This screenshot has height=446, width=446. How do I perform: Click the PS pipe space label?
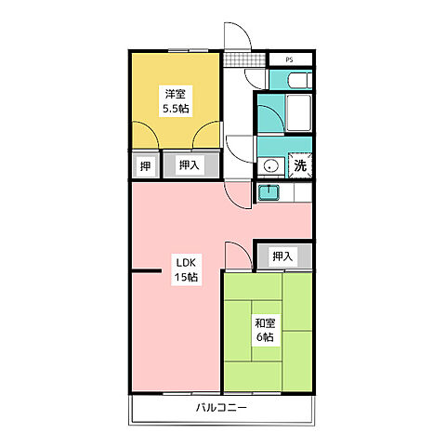pyautogui.click(x=289, y=60)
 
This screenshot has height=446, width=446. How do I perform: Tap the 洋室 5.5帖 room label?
pyautogui.click(x=176, y=101)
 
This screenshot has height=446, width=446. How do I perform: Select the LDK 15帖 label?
pyautogui.click(x=186, y=269)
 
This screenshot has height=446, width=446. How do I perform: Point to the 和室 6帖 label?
pyautogui.click(x=265, y=330)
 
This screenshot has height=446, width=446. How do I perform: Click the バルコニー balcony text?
pyautogui.click(x=221, y=407)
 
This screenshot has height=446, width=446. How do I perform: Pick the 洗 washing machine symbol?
pyautogui.click(x=300, y=165)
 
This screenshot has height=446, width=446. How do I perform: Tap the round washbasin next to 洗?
pyautogui.click(x=270, y=166)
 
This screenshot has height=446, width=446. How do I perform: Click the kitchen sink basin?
pyautogui.click(x=269, y=192)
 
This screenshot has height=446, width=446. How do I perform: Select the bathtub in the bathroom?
pyautogui.click(x=298, y=113)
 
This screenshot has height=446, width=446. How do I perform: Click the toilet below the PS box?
pyautogui.click(x=300, y=80)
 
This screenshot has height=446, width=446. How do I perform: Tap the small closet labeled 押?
pyautogui.click(x=145, y=166)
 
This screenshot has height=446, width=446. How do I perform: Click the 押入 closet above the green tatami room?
pyautogui.click(x=282, y=256)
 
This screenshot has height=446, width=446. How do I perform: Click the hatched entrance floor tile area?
pyautogui.click(x=244, y=59)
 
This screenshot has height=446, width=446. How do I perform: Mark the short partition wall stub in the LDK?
pyautogui.click(x=147, y=271)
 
